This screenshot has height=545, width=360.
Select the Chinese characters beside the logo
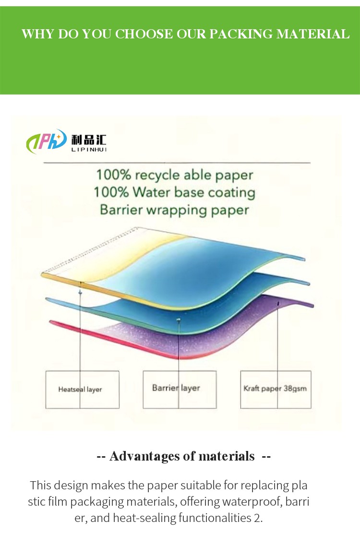(89, 140)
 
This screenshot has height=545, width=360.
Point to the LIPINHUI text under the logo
(89, 150)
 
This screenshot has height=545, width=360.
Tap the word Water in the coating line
(152, 192)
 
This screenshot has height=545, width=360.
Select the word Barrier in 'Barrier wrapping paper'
(121, 210)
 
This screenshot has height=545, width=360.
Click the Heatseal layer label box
(83, 389)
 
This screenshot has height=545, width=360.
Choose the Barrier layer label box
(180, 389)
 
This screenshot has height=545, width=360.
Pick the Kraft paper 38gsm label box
(276, 389)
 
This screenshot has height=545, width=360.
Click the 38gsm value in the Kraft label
(295, 389)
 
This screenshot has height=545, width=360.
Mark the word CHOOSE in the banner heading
(144, 34)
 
